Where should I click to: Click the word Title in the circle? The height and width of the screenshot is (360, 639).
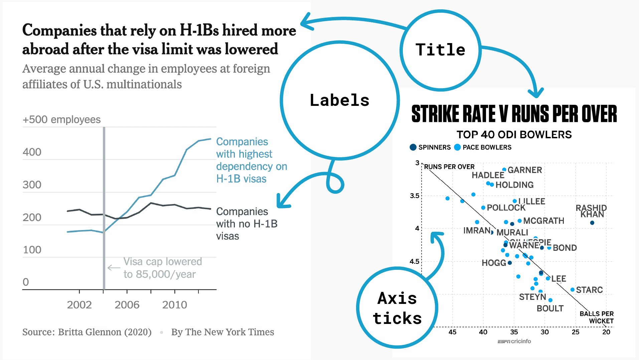[x=440, y=50]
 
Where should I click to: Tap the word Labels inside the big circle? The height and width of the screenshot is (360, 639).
[x=339, y=100]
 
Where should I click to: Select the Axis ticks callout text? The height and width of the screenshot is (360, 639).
[x=397, y=308]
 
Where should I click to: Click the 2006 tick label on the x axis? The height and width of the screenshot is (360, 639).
[x=127, y=305]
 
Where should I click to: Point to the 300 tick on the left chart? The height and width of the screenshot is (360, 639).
[x=32, y=185]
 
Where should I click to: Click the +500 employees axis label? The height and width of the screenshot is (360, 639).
[x=61, y=120]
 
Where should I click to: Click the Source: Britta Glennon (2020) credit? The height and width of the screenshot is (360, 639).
[x=87, y=332]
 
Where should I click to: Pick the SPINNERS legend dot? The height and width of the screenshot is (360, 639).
[x=413, y=147]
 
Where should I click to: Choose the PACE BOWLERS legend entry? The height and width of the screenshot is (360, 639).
[x=483, y=147]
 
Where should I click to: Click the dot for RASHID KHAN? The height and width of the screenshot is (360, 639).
[x=592, y=223]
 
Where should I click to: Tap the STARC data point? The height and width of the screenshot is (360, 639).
[x=573, y=290]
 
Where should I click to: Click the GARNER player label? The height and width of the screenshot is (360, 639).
[x=525, y=170]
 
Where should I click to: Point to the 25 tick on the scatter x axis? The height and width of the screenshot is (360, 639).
[x=576, y=332]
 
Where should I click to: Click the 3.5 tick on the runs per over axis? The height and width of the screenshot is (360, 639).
[x=415, y=196]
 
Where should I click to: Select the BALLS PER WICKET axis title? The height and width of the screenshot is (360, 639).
[x=597, y=317]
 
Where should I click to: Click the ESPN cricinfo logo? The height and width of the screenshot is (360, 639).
[x=514, y=341]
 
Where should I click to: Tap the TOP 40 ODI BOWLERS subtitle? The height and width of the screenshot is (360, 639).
[x=514, y=135]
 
